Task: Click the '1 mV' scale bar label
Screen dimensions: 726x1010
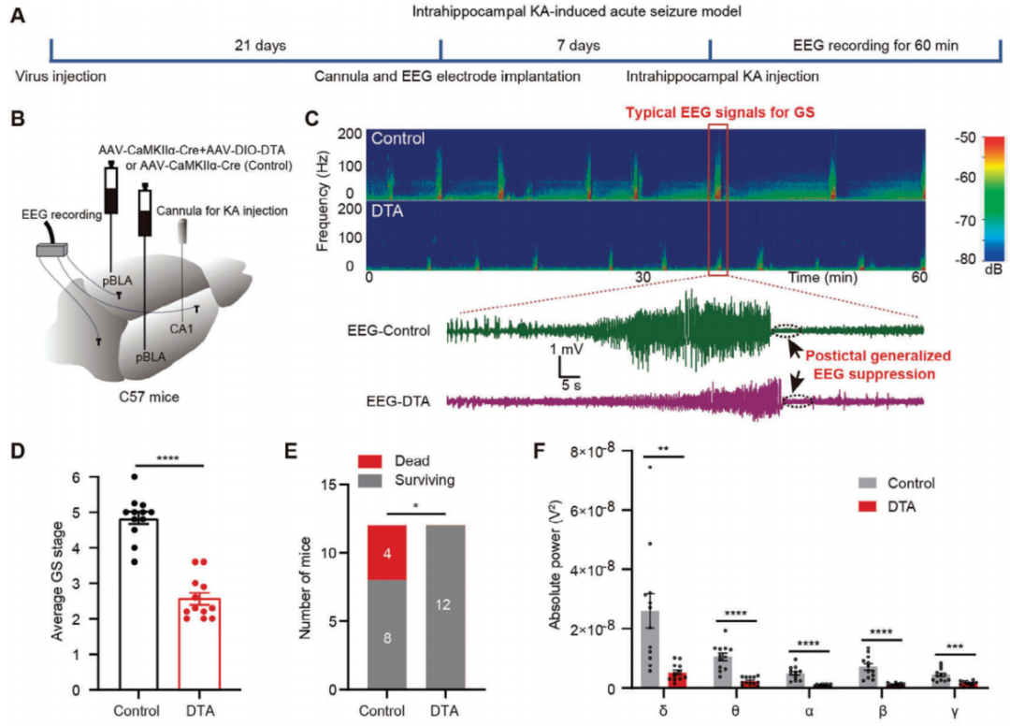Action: (x=568, y=349)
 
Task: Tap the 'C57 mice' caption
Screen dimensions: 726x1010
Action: (x=153, y=396)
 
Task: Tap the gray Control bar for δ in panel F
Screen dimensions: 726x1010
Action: (x=650, y=649)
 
